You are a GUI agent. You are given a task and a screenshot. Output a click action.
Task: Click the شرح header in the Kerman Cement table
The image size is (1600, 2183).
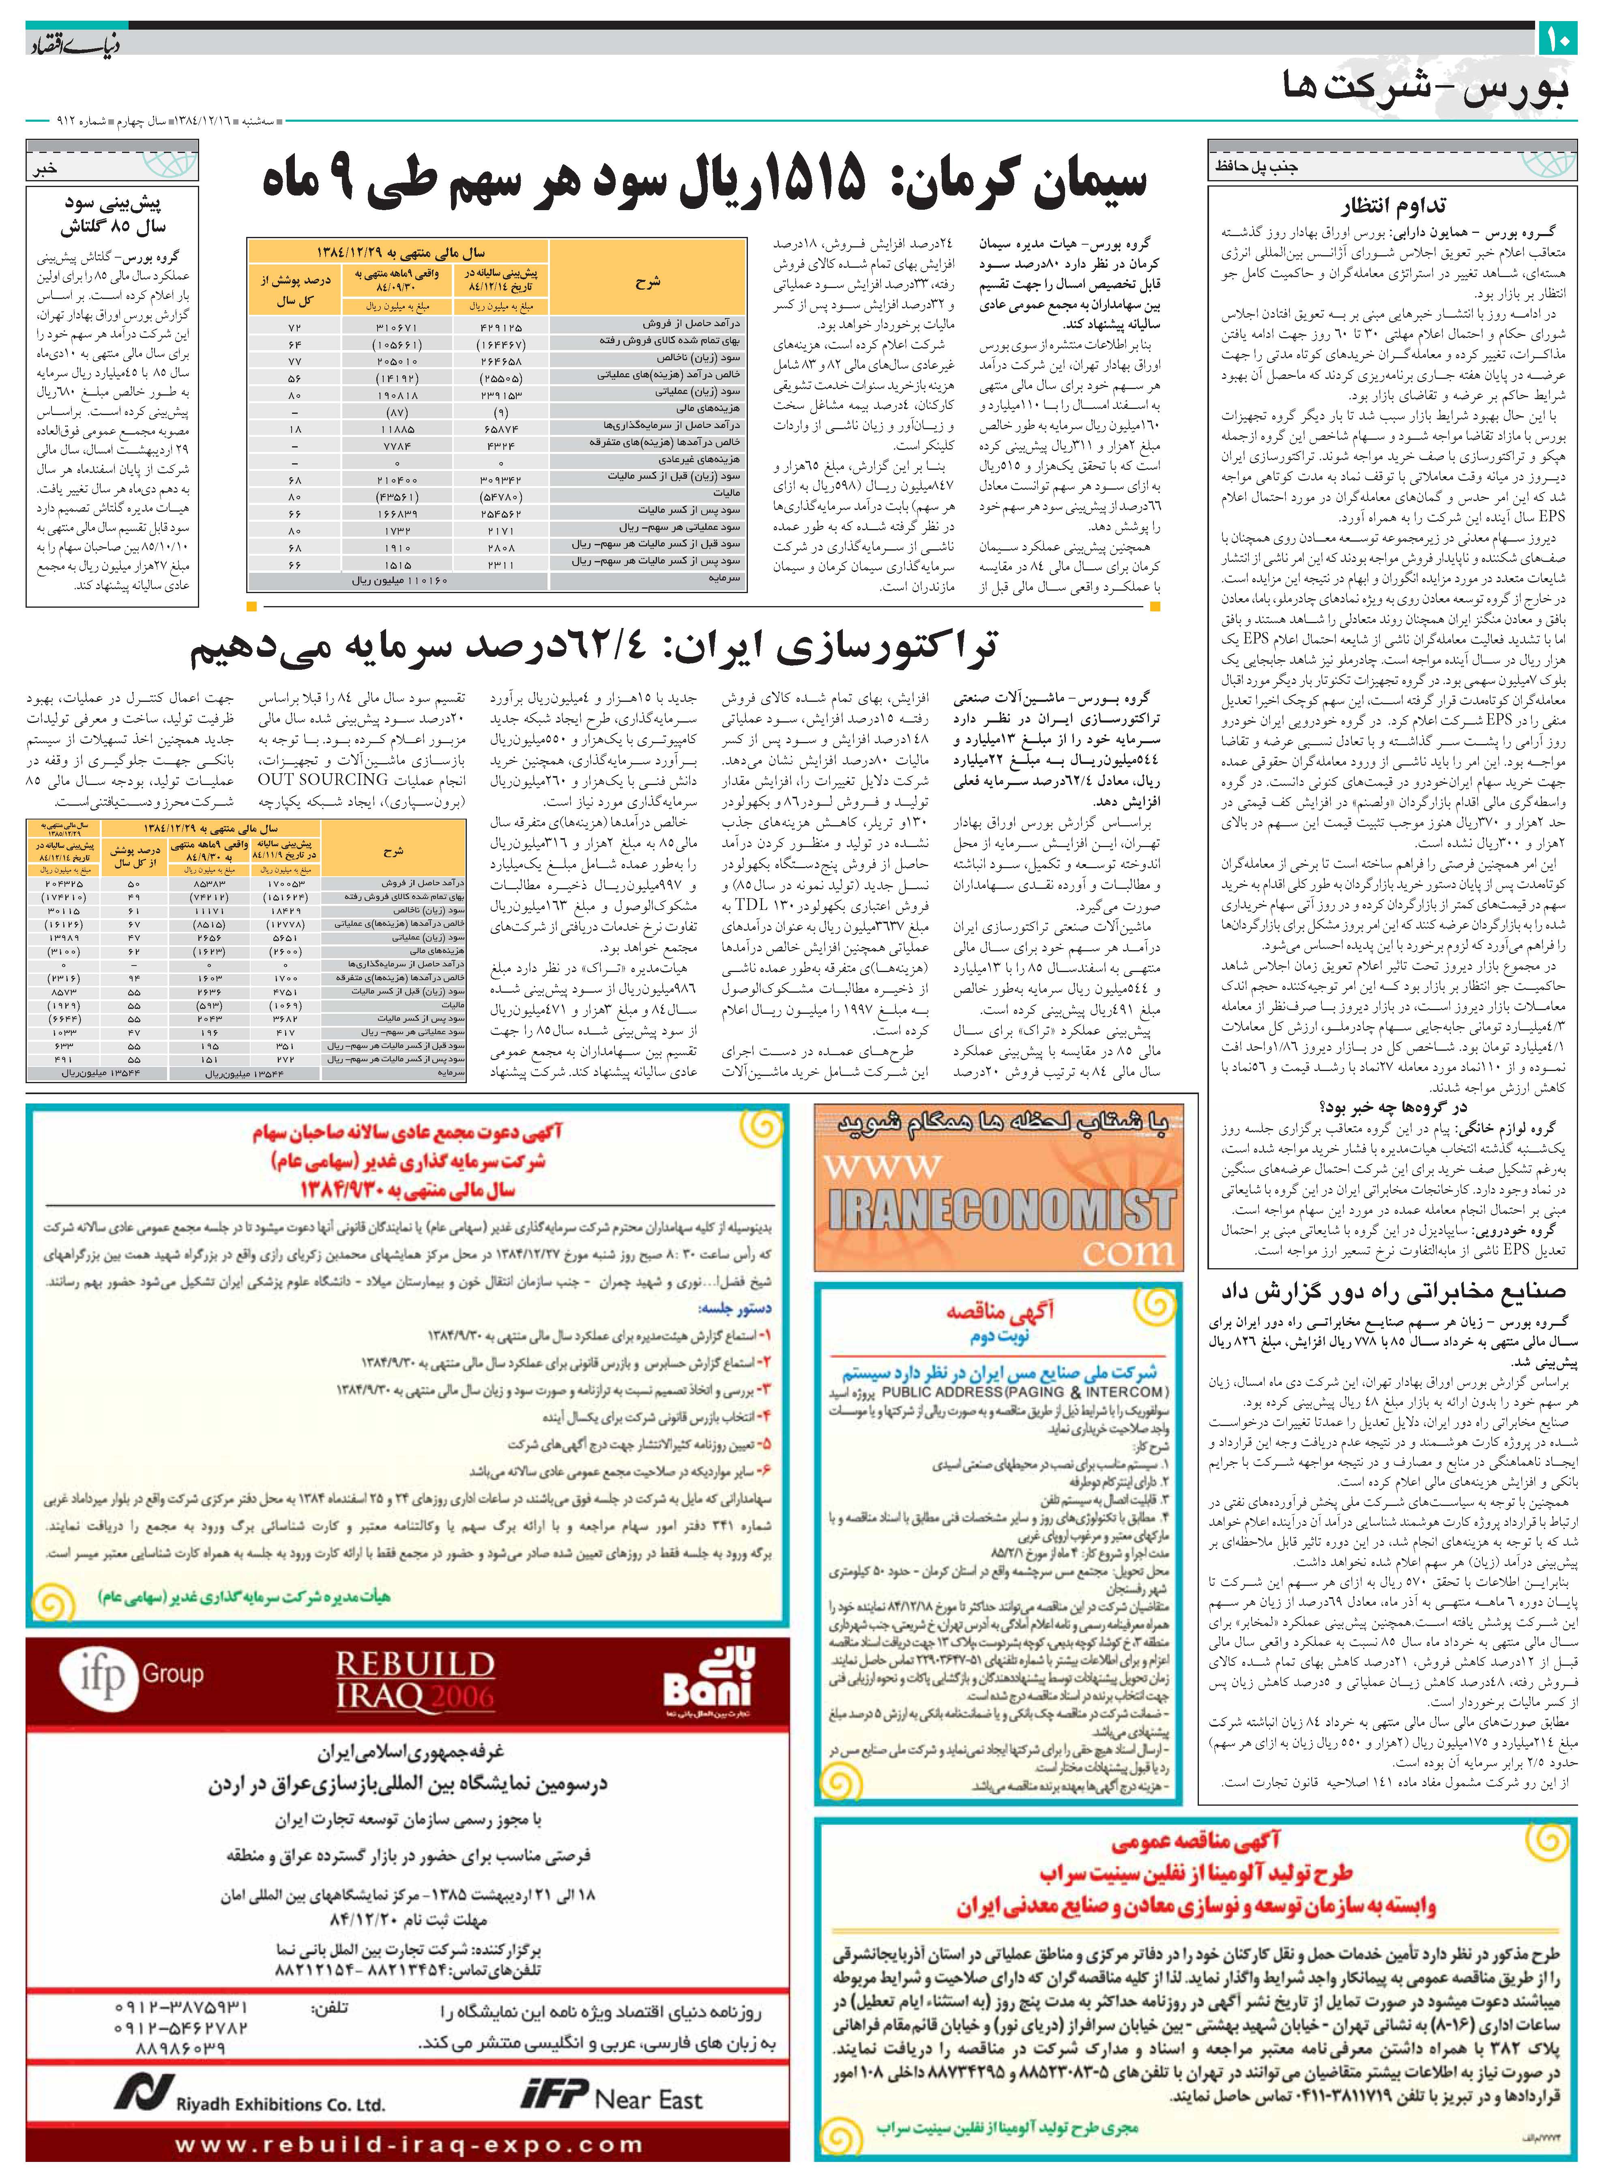click(647, 283)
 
